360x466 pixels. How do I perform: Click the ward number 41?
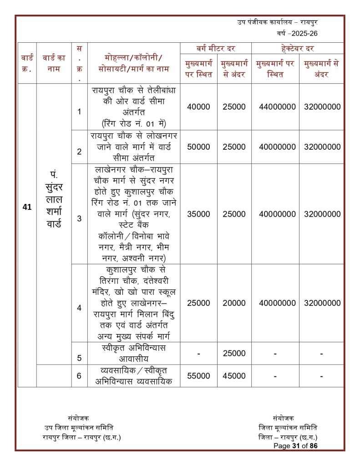[27, 207]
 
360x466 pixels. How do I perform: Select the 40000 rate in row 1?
[198, 107]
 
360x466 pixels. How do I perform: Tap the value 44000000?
[275, 107]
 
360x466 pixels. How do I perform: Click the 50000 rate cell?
[198, 147]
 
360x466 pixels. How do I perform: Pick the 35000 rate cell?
[198, 214]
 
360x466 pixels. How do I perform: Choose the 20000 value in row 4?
[234, 303]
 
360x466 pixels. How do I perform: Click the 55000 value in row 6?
[198, 376]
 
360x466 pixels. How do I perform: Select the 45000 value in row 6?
[234, 376]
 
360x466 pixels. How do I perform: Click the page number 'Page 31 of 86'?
[295, 446]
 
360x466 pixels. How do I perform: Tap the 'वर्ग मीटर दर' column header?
[216, 48]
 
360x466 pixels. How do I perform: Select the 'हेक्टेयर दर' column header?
[298, 48]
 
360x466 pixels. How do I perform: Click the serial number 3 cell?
[79, 218]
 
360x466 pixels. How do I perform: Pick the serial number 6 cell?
[79, 376]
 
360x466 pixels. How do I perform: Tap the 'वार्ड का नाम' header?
[54, 58]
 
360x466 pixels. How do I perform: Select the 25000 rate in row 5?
[234, 354]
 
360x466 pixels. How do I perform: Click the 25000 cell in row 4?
[198, 303]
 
